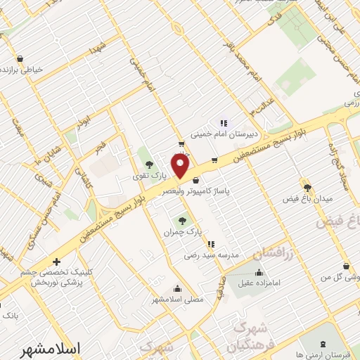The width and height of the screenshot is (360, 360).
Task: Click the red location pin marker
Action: [x=181, y=166]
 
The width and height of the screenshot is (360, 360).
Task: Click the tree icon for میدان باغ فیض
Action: [x=307, y=186]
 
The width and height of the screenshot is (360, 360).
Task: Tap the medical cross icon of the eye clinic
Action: [x=56, y=262]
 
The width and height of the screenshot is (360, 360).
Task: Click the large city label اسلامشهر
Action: [x=77, y=347]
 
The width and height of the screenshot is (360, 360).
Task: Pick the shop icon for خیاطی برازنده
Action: [x=20, y=58]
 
